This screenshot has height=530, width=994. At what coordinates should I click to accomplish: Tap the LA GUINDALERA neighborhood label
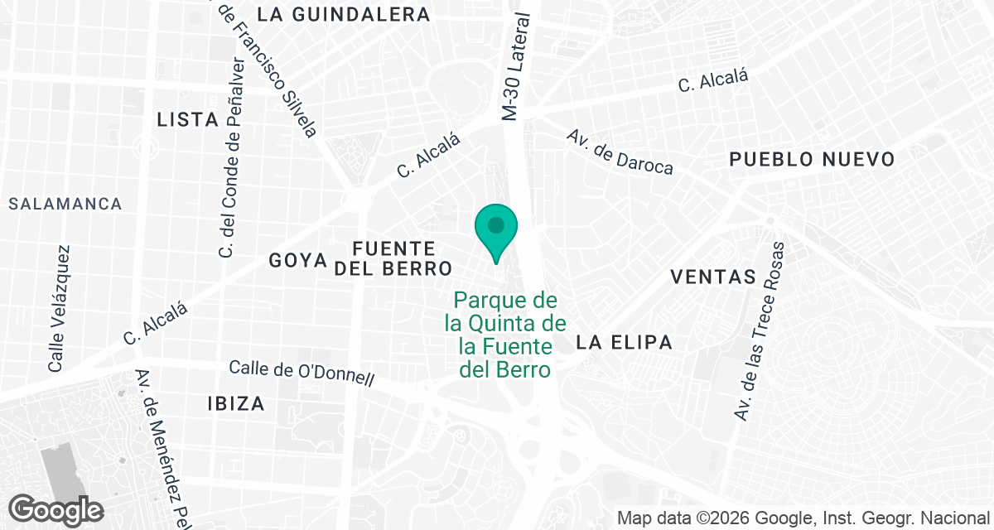(344, 14)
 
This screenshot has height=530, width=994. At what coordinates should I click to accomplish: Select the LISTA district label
(188, 120)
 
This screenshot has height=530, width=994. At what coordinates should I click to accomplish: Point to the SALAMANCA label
(65, 204)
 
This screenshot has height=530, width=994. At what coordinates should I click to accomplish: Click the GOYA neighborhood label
(299, 260)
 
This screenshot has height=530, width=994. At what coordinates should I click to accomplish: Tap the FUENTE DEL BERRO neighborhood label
(393, 258)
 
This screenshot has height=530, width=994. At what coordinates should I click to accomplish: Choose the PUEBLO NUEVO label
(812, 160)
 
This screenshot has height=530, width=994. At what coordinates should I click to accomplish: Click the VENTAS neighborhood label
(714, 277)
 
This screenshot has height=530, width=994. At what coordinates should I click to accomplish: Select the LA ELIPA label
(624, 342)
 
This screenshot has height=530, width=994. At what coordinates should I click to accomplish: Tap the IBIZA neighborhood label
(237, 404)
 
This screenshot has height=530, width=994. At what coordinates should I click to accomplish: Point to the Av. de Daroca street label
(620, 152)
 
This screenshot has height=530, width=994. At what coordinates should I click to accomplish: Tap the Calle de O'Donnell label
(302, 373)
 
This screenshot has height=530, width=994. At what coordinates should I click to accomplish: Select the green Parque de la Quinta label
(505, 335)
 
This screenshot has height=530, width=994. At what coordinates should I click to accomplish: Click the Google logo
(55, 509)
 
